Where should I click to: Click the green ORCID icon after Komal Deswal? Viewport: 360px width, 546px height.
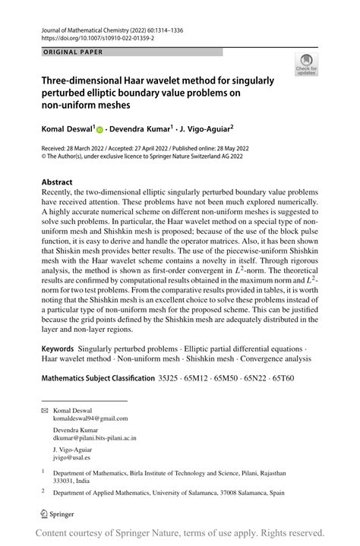pyautogui.click(x=99, y=129)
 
